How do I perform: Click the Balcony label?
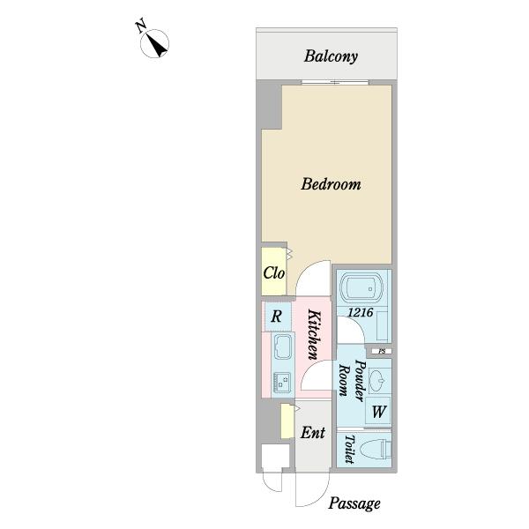(331, 56)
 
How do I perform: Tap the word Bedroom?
(331, 184)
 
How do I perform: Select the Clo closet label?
(273, 273)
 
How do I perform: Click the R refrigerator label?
(276, 317)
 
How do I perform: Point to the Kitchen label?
(314, 335)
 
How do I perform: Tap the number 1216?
(361, 312)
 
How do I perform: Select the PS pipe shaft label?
(382, 351)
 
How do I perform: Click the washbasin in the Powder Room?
(378, 381)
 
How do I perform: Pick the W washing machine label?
(379, 412)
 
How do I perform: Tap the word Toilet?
(349, 449)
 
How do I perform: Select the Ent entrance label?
(313, 433)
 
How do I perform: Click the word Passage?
(354, 503)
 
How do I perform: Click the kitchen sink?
(283, 346)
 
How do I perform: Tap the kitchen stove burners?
(282, 382)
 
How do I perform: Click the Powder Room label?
(353, 381)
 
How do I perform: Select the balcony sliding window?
(335, 82)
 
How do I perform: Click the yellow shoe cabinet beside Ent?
(287, 421)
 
